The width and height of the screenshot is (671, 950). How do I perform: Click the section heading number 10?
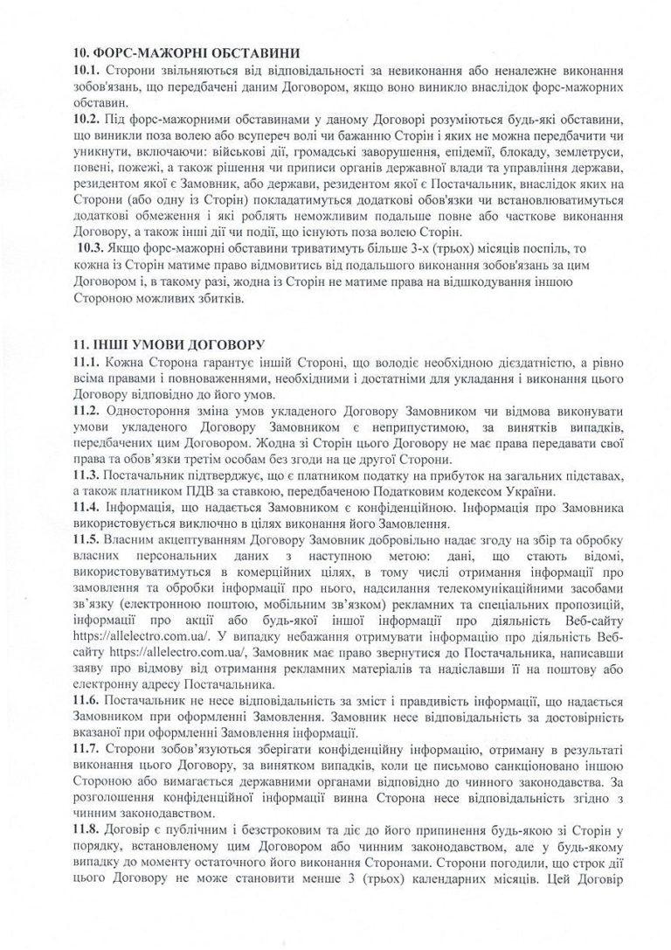84,52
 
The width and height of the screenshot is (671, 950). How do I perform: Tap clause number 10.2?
87,118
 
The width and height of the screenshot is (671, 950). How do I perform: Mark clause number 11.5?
87,540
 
